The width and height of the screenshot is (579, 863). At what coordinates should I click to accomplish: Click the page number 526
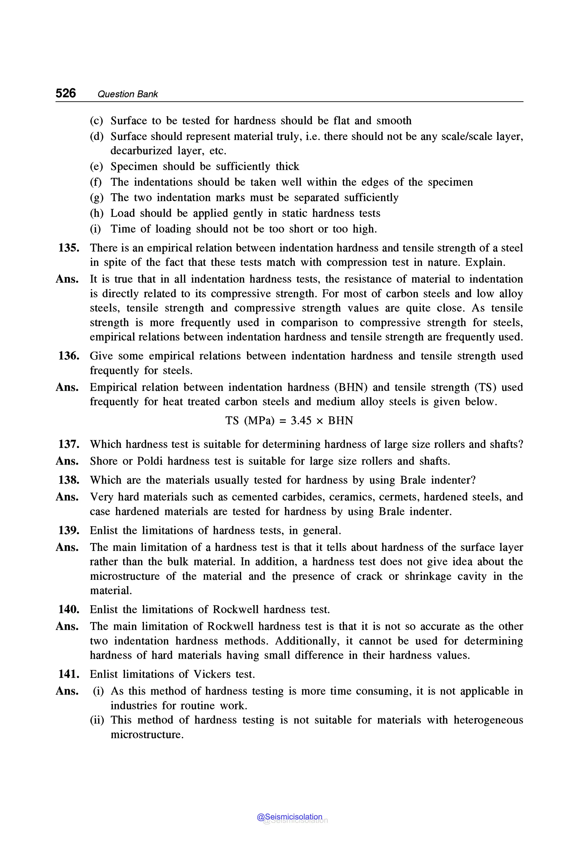pyautogui.click(x=66, y=93)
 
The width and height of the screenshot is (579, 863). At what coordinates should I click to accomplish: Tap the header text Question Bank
pyautogui.click(x=128, y=94)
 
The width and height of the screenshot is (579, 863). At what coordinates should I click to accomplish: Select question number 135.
pyautogui.click(x=69, y=248)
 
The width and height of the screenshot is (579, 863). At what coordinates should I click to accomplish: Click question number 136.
pyautogui.click(x=69, y=356)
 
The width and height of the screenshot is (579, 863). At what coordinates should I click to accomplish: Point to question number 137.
pyautogui.click(x=69, y=444)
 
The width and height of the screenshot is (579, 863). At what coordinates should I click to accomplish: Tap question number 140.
pyautogui.click(x=69, y=609)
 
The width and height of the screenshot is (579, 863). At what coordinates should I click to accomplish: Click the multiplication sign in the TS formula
pyautogui.click(x=320, y=421)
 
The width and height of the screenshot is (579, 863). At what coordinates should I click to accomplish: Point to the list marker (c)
pyautogui.click(x=96, y=121)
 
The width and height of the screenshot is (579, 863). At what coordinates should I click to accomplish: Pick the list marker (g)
pyautogui.click(x=96, y=198)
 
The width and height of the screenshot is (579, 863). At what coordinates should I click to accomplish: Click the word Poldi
pyautogui.click(x=150, y=461)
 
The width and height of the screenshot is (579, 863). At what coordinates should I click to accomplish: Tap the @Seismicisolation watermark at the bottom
pyautogui.click(x=289, y=816)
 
